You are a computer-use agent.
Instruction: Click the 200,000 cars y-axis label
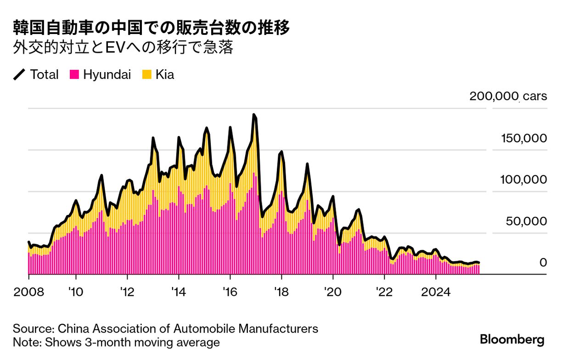pyautogui.click(x=508, y=96)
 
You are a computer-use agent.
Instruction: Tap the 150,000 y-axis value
pyautogui.click(x=523, y=138)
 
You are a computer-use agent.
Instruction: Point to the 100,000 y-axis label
pyautogui.click(x=523, y=180)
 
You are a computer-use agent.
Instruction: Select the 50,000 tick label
pyautogui.click(x=526, y=221)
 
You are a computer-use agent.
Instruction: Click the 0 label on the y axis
pyautogui.click(x=543, y=263)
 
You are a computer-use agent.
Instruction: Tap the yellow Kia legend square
pyautogui.click(x=146, y=75)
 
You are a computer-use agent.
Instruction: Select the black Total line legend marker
pyautogui.click(x=19, y=75)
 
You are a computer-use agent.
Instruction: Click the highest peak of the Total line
pyautogui.click(x=253, y=115)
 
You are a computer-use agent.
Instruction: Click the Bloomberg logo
pyautogui.click(x=512, y=340)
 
